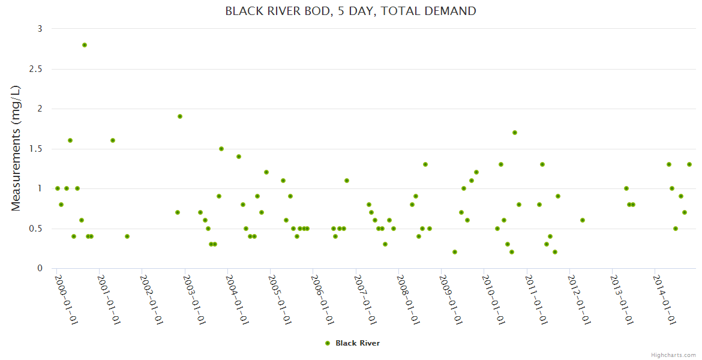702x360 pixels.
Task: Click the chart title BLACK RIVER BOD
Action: click(x=350, y=11)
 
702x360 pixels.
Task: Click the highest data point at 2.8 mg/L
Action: click(x=85, y=45)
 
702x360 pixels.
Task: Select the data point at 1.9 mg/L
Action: click(x=180, y=116)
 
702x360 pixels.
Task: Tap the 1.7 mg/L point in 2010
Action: click(x=515, y=133)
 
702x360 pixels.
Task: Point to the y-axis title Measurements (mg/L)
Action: click(x=16, y=148)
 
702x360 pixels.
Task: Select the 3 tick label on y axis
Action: click(x=40, y=29)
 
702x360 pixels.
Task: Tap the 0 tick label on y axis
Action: click(x=40, y=268)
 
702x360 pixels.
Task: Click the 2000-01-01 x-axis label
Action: click(x=67, y=298)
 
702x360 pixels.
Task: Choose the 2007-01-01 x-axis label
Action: click(x=365, y=298)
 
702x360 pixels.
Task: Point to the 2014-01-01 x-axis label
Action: click(x=664, y=298)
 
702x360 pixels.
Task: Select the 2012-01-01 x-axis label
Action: click(x=579, y=298)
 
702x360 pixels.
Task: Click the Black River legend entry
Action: click(x=357, y=343)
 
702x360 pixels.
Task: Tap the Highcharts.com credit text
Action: click(x=673, y=355)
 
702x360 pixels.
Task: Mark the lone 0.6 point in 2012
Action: click(x=583, y=220)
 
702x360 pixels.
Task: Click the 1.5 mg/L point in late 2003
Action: click(x=221, y=149)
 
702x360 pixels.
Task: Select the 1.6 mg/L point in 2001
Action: click(x=113, y=140)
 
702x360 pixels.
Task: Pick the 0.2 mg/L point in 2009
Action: click(x=455, y=252)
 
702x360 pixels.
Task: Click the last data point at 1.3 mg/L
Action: click(x=689, y=164)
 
